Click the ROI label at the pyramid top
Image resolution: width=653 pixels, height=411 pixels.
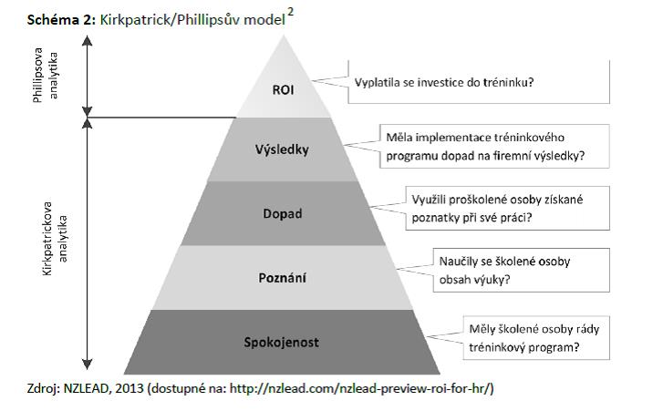coord(283,90)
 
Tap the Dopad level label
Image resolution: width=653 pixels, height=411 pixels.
coord(283,214)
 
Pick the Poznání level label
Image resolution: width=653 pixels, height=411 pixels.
coord(283,277)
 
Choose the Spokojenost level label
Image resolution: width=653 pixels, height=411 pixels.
coord(283,343)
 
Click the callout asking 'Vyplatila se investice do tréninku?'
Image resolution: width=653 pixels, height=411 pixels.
coord(443,83)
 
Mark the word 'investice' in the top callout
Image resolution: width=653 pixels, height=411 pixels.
coord(442,83)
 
